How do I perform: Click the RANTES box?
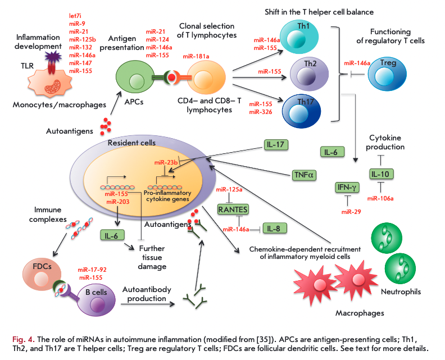[x=233, y=209]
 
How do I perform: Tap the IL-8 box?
[x=274, y=229]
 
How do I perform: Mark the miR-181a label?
[x=196, y=57]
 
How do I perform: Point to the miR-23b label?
[x=167, y=162]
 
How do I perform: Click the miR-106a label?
[x=380, y=198]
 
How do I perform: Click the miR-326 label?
[x=260, y=112]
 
